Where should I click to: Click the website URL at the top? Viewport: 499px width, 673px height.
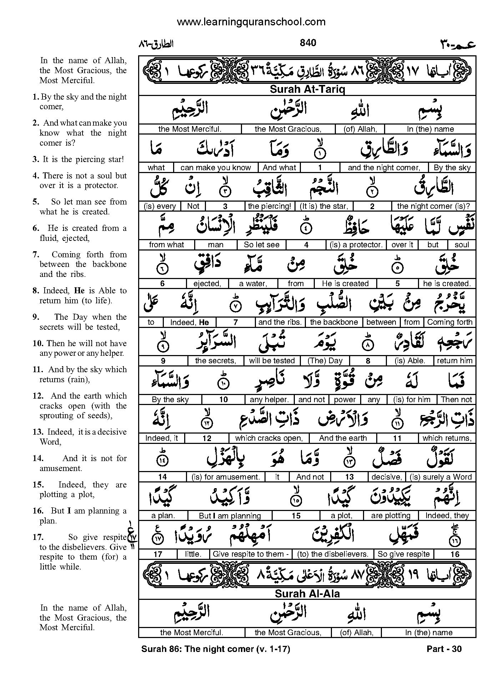(251, 22)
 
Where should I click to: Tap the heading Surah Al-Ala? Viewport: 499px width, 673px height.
(307, 594)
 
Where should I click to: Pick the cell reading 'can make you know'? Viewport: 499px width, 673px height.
(216, 168)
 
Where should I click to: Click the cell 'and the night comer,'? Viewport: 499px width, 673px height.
(384, 168)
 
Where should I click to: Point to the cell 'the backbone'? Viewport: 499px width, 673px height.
(334, 322)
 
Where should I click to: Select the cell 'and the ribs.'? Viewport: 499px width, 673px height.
(280, 322)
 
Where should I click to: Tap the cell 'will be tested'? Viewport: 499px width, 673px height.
(272, 361)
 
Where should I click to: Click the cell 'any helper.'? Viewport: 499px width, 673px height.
(269, 400)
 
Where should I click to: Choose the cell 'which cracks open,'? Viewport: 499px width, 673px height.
(269, 438)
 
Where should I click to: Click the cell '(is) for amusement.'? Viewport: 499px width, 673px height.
(226, 477)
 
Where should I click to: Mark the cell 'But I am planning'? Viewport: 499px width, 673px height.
(230, 516)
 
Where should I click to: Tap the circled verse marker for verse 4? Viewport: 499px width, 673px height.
(306, 227)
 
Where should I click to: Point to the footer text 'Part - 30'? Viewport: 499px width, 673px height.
(444, 649)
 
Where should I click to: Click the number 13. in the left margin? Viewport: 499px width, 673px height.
(37, 432)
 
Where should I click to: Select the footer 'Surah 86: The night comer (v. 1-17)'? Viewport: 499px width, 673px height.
(216, 649)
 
